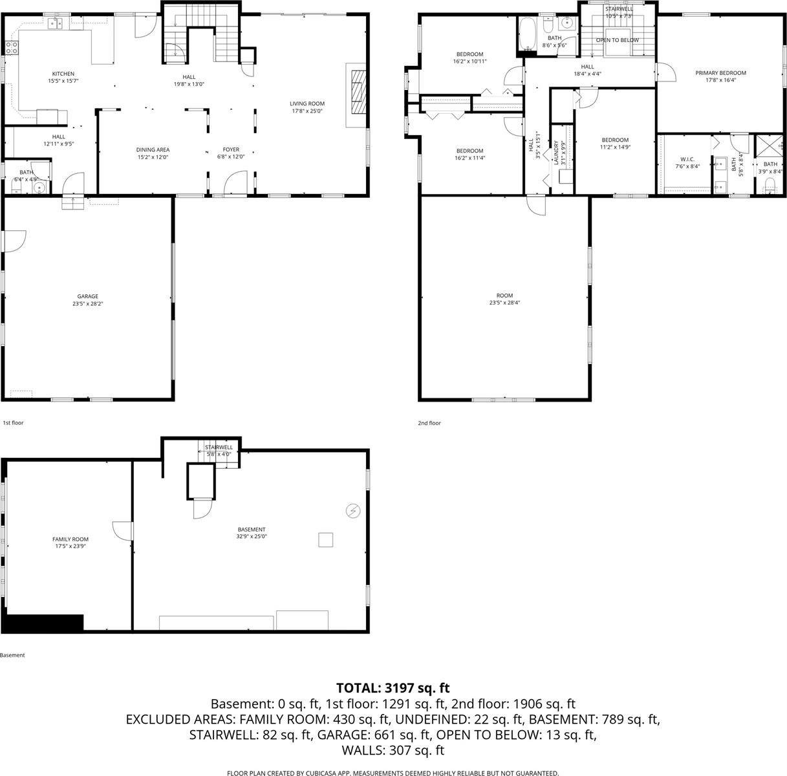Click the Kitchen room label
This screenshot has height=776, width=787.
pyautogui.click(x=63, y=74)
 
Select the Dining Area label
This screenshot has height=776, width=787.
pyautogui.click(x=153, y=149)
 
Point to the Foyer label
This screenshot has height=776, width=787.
pyautogui.click(x=231, y=149)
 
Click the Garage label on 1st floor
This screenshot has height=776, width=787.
pyautogui.click(x=88, y=296)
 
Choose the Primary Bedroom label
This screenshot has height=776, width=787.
pyautogui.click(x=720, y=73)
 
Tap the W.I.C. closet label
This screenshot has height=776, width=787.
pyautogui.click(x=687, y=159)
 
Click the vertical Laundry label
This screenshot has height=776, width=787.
pyautogui.click(x=556, y=153)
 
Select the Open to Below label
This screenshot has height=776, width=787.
pyautogui.click(x=617, y=40)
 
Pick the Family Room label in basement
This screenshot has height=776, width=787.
pyautogui.click(x=70, y=539)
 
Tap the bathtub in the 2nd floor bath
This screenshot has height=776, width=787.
pyautogui.click(x=526, y=34)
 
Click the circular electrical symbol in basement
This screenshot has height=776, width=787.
pyautogui.click(x=353, y=512)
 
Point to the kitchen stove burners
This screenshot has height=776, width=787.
pyautogui.click(x=11, y=47)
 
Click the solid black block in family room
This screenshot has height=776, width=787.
pyautogui.click(x=43, y=622)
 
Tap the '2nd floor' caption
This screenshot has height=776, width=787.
pyautogui.click(x=429, y=423)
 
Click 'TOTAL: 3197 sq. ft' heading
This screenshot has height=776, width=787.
pyautogui.click(x=393, y=687)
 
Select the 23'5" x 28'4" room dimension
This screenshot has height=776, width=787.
pyautogui.click(x=504, y=303)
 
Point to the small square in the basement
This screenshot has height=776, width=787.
pyautogui.click(x=325, y=539)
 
